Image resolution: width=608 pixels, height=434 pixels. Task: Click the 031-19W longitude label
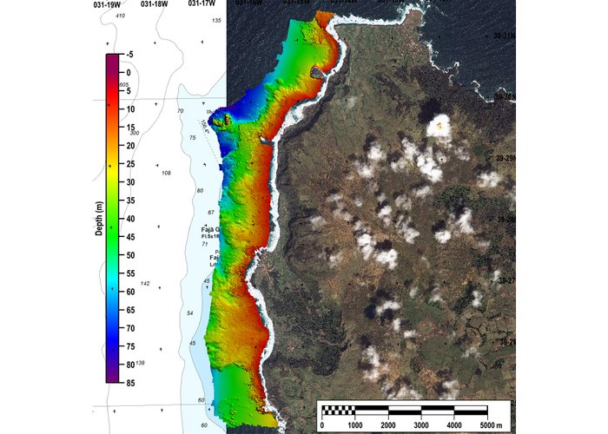[x=107, y=4]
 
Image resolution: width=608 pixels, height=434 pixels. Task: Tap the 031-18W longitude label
[x=154, y=4]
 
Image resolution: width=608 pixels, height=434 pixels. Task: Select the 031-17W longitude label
[x=202, y=4]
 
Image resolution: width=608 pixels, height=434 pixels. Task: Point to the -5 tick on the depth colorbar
[x=128, y=55]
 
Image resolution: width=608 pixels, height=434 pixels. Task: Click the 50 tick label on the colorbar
[x=129, y=255]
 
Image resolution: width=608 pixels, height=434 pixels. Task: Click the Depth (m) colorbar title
[x=100, y=218]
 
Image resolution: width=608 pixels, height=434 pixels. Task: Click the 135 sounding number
[x=216, y=20]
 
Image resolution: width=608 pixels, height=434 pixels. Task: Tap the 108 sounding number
[x=166, y=173]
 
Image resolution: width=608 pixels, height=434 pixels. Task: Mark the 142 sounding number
[x=146, y=284]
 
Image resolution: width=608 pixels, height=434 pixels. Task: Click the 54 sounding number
[x=190, y=312]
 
